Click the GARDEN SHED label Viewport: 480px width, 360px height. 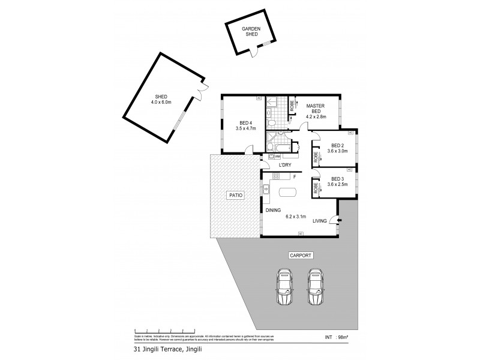click(x=250, y=32)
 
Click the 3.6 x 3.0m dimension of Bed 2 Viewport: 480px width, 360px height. click(x=337, y=151)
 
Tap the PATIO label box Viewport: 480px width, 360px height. click(x=235, y=195)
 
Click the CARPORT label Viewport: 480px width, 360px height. click(x=301, y=255)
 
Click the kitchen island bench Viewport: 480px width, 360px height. click(x=288, y=193)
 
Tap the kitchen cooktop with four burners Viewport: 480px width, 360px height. click(x=277, y=176)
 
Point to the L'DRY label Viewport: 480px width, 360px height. click(x=284, y=165)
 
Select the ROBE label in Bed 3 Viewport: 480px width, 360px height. click(x=315, y=188)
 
